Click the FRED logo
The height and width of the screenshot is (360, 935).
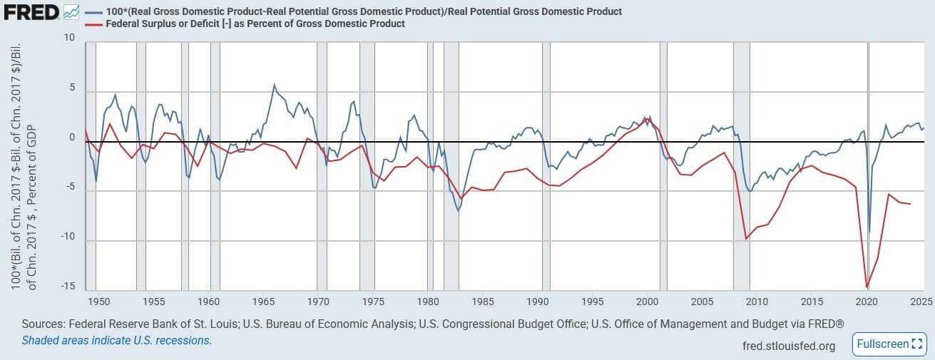click(30, 12)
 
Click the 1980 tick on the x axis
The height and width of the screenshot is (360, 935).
click(428, 301)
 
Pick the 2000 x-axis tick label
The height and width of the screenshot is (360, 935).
click(648, 301)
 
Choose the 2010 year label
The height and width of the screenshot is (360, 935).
click(757, 301)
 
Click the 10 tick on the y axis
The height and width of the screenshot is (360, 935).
click(69, 37)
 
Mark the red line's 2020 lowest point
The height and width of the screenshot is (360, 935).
click(867, 287)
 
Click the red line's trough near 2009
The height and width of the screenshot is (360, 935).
click(746, 238)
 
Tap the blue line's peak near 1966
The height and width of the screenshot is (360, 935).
click(275, 85)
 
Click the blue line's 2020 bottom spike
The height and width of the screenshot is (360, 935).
click(869, 232)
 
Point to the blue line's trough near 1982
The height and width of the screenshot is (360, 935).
click(459, 211)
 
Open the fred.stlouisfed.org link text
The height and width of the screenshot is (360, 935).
click(788, 346)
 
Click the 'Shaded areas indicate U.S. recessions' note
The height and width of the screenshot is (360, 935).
click(116, 340)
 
